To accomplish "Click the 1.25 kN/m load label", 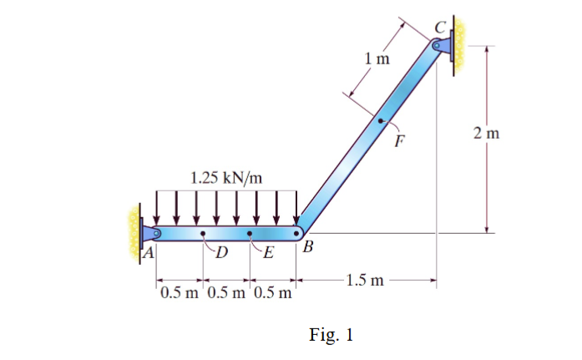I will tap(225, 177).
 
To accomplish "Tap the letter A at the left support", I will tap(149, 251).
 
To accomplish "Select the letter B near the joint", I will tap(308, 247).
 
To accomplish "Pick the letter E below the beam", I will tap(268, 254).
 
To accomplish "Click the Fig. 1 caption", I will tap(331, 336).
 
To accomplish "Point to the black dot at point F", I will tap(381, 121).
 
